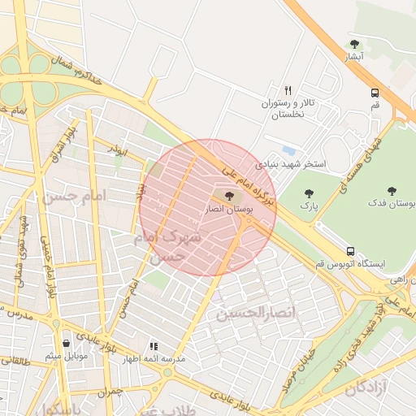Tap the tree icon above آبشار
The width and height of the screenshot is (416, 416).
coord(353,44)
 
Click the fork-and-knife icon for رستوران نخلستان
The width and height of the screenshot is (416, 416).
coord(287,90)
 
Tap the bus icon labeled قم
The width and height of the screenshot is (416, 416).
coord(375,93)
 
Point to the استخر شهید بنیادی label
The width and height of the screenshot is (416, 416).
coord(290,164)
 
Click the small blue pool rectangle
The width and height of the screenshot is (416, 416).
coord(289,150)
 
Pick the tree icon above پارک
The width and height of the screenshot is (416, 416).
coord(308,193)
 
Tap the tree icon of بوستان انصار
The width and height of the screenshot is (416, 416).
coord(227,196)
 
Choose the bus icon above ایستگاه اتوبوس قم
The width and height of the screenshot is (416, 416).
coord(350,251)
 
